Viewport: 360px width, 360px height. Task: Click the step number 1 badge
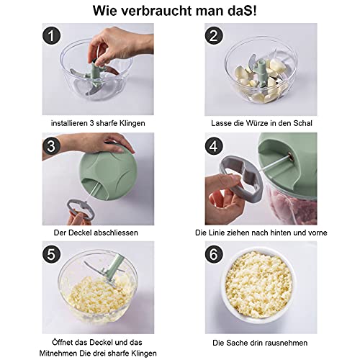[52, 36]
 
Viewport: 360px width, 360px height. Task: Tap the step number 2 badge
[214, 36]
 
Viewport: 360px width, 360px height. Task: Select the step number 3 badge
[52, 145]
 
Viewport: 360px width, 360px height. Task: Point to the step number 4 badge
[214, 145]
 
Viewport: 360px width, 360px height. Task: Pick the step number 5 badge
[52, 254]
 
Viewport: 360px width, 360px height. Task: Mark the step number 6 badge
[214, 254]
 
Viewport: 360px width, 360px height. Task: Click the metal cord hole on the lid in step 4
[291, 156]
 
